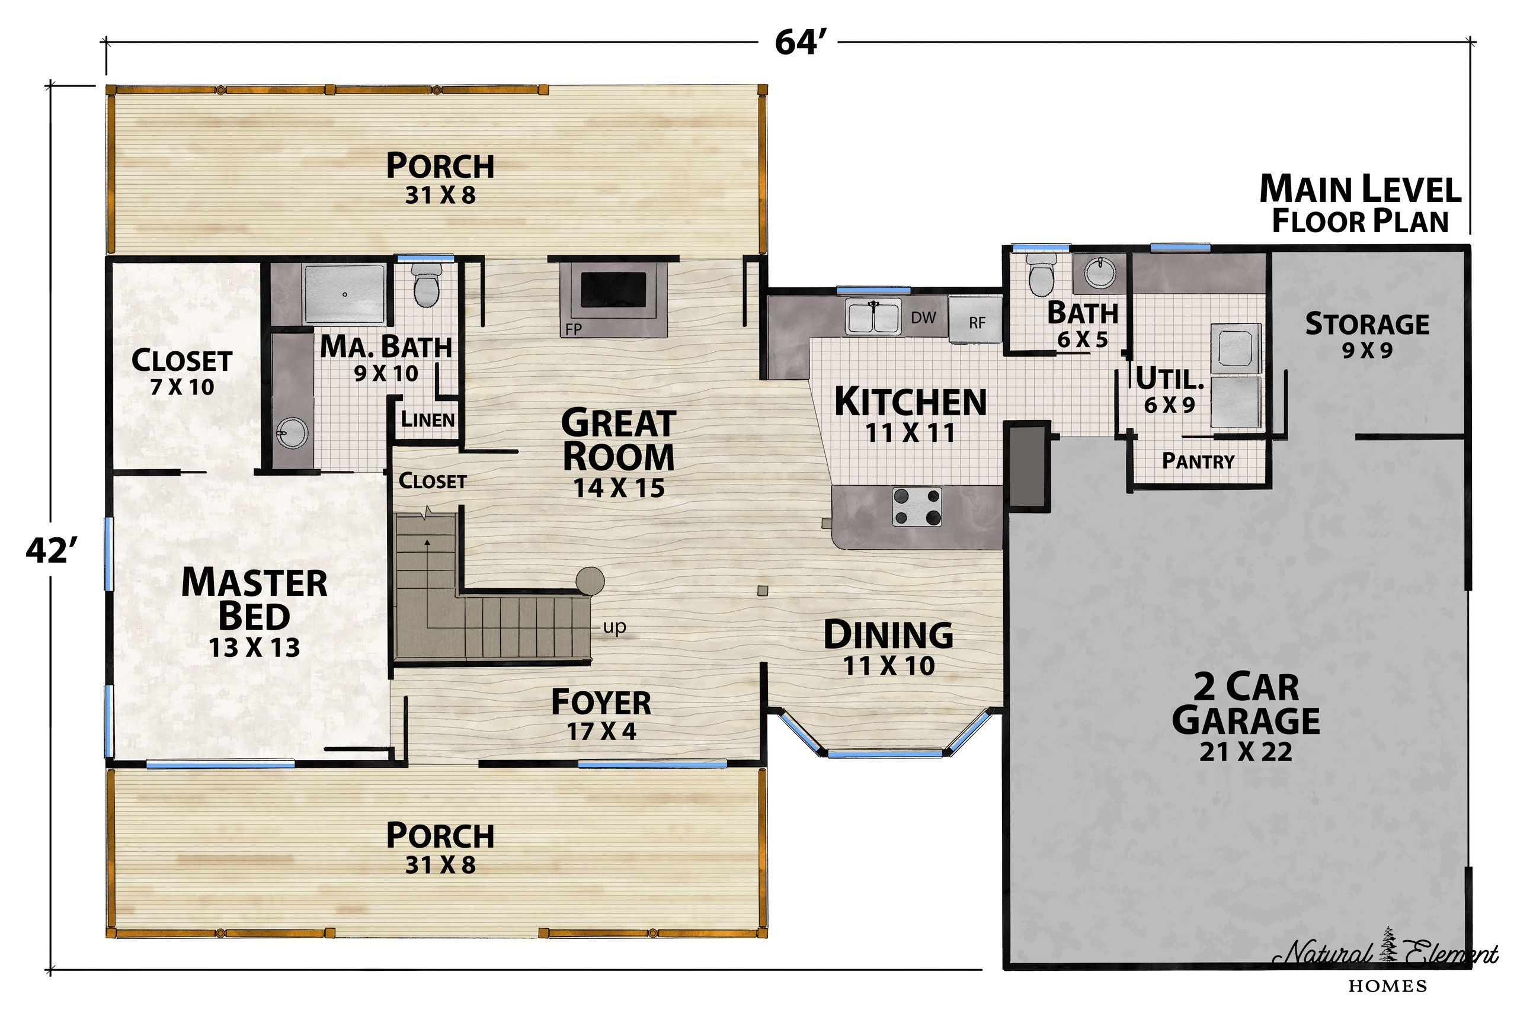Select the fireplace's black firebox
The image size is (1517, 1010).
613,289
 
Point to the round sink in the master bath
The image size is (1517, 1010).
292,432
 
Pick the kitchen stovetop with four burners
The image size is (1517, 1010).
916,506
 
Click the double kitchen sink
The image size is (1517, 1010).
873,316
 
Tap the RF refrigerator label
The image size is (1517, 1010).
977,323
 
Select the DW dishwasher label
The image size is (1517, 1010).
923,317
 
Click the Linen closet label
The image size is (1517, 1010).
428,419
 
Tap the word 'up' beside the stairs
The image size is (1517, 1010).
615,626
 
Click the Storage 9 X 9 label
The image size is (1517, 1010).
1367,335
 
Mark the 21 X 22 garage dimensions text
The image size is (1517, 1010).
1245,752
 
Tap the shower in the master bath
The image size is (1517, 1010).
345,294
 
